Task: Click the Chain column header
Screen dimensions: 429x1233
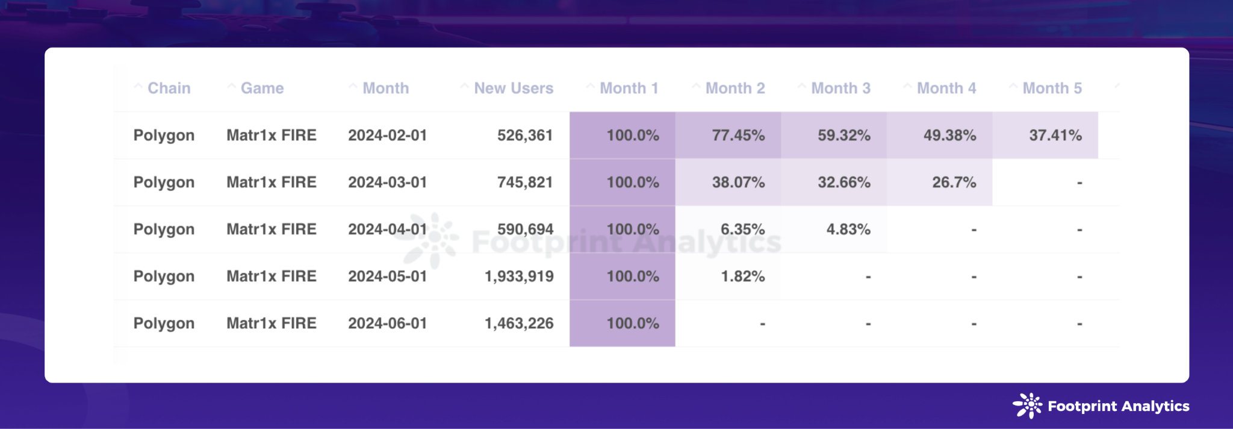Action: tap(169, 88)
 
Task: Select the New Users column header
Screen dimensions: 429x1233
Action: tap(513, 88)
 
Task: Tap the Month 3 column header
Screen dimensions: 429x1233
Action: tap(840, 88)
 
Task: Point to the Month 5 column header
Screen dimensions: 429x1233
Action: tap(1052, 88)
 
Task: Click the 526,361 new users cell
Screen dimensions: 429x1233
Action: tap(524, 135)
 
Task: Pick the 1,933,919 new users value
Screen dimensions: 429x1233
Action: tap(519, 276)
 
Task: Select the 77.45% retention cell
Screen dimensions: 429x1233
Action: tap(738, 135)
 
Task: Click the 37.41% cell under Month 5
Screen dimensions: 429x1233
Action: tap(1055, 135)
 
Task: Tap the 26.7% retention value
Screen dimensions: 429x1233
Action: tap(954, 182)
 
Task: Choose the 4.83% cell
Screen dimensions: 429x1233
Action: tap(848, 229)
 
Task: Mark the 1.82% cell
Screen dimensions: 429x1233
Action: tap(742, 276)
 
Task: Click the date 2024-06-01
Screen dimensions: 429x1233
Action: tap(387, 323)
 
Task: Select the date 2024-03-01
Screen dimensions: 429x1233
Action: tap(387, 182)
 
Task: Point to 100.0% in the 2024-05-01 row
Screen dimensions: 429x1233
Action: tap(632, 276)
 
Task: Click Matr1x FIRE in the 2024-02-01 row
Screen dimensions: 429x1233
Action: tap(271, 135)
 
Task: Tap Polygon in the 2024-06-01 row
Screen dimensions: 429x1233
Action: tap(164, 323)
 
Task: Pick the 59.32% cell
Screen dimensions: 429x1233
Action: tap(843, 135)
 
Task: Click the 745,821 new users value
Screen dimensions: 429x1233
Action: tap(524, 182)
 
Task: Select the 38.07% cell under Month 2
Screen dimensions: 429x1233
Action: tap(738, 182)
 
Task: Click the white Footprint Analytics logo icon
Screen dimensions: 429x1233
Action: tap(1027, 406)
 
